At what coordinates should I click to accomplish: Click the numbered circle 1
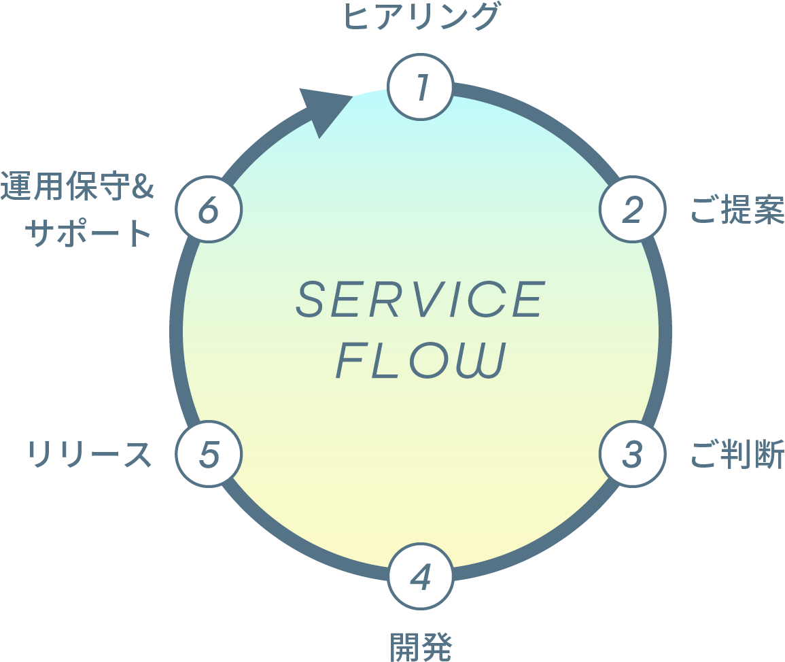pos(421,88)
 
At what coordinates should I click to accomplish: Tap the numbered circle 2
pos(632,209)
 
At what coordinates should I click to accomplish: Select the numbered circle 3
pos(632,454)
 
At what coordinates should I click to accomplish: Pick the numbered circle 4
pos(421,576)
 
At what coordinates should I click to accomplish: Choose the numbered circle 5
pos(209,454)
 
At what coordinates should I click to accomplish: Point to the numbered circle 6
pos(209,209)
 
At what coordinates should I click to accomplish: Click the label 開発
pos(421,646)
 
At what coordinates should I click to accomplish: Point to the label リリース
pos(88,454)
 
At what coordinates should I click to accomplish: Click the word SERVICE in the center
pos(421,300)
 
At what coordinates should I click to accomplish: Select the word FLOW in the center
pos(421,361)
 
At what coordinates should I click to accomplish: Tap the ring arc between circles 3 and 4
pos(543,544)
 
